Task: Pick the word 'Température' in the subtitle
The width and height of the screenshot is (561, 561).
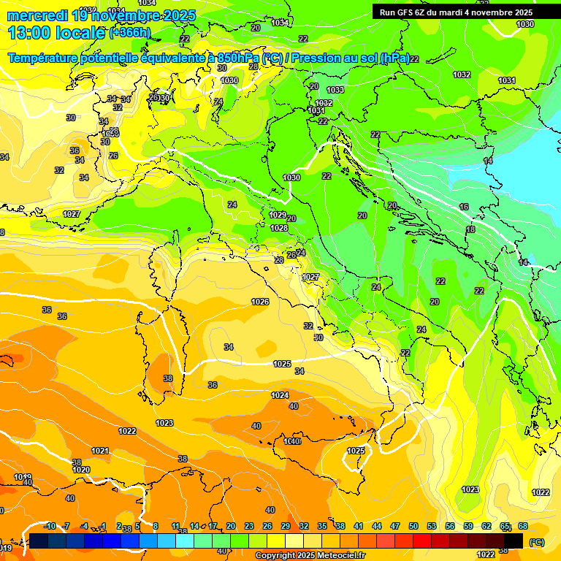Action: click(45, 58)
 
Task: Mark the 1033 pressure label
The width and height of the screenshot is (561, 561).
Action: click(335, 90)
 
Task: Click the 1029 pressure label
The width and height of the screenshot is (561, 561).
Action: click(278, 215)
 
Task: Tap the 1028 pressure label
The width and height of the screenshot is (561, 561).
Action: click(279, 228)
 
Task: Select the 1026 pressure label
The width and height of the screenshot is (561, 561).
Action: click(260, 302)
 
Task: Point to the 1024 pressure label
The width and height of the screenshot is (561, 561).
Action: click(280, 395)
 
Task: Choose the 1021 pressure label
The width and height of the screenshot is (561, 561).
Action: click(100, 451)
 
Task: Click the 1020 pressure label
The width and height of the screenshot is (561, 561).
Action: click(81, 470)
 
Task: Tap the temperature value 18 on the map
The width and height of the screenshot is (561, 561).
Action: click(470, 229)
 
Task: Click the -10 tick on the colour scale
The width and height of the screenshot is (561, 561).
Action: click(50, 526)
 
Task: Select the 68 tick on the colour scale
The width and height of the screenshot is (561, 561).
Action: click(523, 526)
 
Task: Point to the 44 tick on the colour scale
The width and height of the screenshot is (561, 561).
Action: click(377, 526)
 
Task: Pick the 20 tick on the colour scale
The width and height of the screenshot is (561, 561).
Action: click(231, 526)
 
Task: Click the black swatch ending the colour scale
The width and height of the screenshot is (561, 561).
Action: click(514, 541)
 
